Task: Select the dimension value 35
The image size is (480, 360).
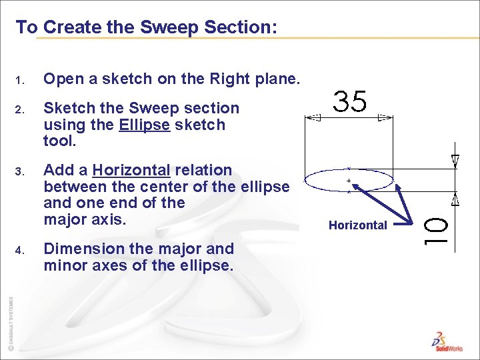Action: coord(350,102)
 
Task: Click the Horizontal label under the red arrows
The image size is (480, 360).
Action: coord(358,225)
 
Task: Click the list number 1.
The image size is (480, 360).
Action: coord(19,81)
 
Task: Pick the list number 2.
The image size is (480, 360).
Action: coord(19,109)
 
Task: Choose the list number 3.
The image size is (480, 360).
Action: coord(19,172)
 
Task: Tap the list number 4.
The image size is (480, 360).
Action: coord(19,251)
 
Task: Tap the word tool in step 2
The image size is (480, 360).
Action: coord(57,141)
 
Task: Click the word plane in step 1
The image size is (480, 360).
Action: coord(275,79)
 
